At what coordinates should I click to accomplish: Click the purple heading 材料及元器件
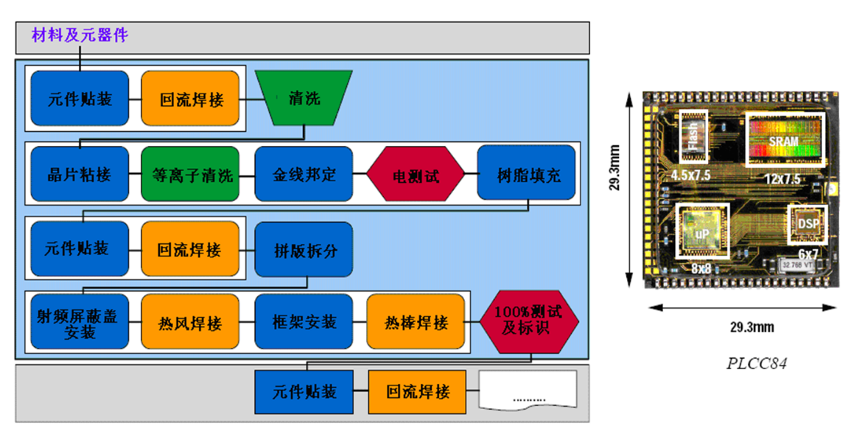click(x=80, y=35)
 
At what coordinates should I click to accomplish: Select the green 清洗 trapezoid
click(x=304, y=97)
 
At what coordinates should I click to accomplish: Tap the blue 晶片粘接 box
click(x=80, y=174)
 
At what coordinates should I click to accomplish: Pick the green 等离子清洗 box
click(x=190, y=174)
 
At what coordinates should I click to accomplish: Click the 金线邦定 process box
click(x=304, y=174)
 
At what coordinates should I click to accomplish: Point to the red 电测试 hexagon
click(x=416, y=175)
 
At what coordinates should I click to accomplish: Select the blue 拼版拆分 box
click(x=304, y=250)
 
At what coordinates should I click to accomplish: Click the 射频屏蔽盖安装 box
click(x=80, y=322)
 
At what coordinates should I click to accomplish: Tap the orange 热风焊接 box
click(x=190, y=322)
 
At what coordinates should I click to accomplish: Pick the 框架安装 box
click(x=304, y=322)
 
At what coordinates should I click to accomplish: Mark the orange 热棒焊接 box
click(x=416, y=322)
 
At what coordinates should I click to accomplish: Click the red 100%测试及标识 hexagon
click(x=529, y=322)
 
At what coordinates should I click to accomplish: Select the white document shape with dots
click(x=528, y=391)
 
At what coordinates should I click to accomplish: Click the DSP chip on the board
click(x=807, y=223)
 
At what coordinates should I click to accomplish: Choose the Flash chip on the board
click(x=693, y=136)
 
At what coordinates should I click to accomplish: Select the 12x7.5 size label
click(x=782, y=177)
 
